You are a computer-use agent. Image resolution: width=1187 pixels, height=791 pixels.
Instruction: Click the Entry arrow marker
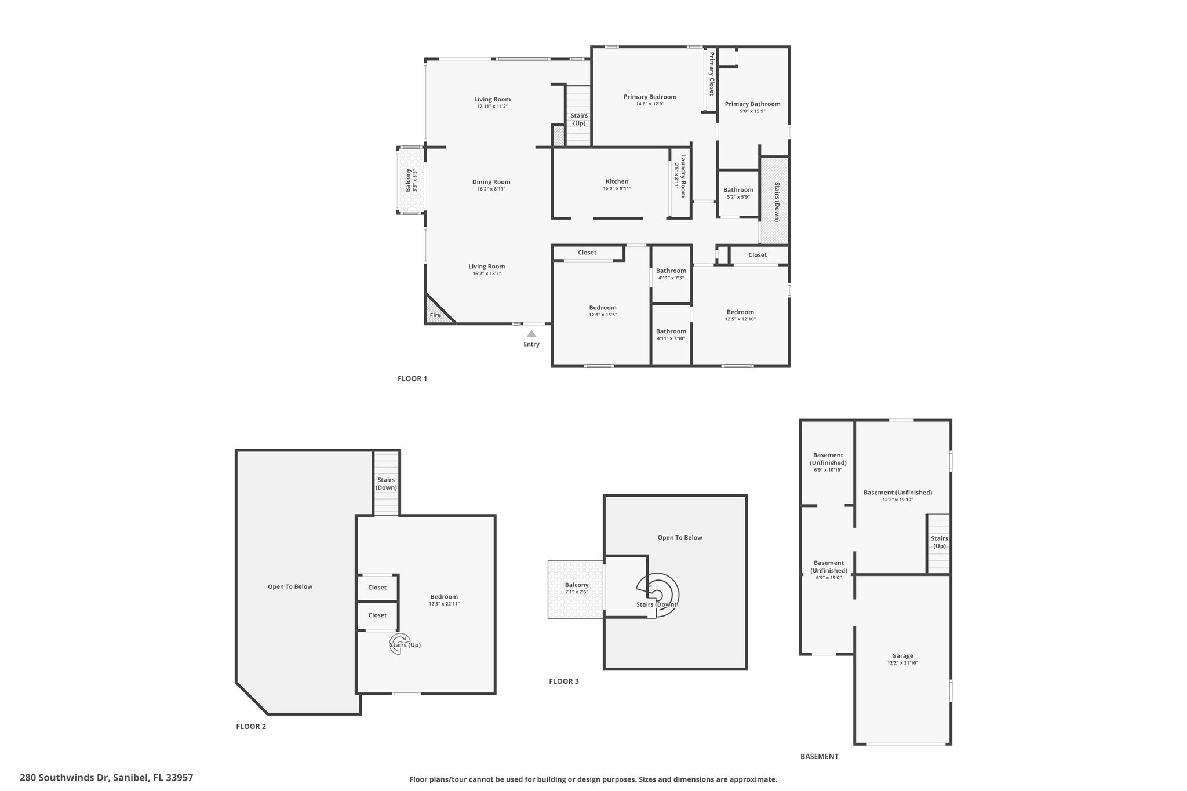531,333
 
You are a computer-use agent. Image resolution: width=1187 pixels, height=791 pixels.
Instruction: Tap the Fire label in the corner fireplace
435,315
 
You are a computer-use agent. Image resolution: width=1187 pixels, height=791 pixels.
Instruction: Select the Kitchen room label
617,181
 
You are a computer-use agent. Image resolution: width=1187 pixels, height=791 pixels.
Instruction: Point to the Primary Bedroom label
650,97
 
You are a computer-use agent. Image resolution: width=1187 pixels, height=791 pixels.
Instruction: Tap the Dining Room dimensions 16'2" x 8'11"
491,189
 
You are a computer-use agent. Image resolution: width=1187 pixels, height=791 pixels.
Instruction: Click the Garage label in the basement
902,656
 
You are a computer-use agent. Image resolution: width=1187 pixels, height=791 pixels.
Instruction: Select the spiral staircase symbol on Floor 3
658,595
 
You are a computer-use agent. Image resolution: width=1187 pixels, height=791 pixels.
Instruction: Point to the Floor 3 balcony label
577,585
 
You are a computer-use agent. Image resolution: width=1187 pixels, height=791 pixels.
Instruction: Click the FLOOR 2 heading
251,727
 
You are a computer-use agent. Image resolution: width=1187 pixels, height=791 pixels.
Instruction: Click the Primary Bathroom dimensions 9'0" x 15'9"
752,111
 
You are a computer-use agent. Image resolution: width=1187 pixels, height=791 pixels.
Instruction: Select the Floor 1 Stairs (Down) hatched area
774,200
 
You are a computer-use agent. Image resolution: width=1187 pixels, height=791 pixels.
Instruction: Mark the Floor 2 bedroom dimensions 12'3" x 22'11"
444,604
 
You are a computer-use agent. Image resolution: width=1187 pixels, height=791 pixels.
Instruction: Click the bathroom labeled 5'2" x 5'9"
738,193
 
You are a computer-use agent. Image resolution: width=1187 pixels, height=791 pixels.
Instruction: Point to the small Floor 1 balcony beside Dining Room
410,180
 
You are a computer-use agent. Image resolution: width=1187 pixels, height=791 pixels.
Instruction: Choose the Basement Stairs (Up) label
939,542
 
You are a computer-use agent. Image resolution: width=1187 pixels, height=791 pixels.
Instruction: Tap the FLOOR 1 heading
412,379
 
